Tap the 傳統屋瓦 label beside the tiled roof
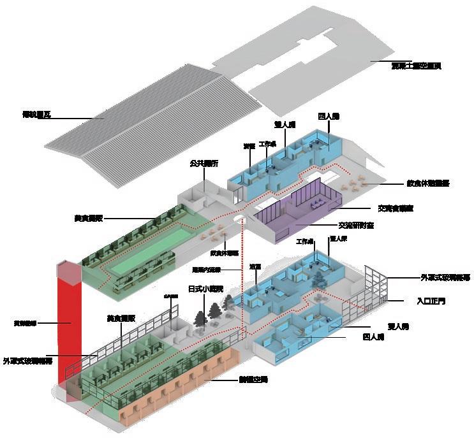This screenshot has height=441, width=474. coord(36,115)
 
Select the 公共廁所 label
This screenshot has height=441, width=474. coord(204,164)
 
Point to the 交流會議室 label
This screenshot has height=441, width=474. coord(396,208)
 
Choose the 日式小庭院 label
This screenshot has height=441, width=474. coord(205,289)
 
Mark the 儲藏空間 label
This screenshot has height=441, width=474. coord(253,380)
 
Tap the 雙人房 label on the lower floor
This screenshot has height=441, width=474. coord(401,326)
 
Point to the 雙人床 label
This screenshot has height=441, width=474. coord(337,239)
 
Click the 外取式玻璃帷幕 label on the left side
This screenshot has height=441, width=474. coord(27,360)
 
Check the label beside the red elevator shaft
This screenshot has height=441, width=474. coord(25,323)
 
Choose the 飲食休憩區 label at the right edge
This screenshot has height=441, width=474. coord(428,183)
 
